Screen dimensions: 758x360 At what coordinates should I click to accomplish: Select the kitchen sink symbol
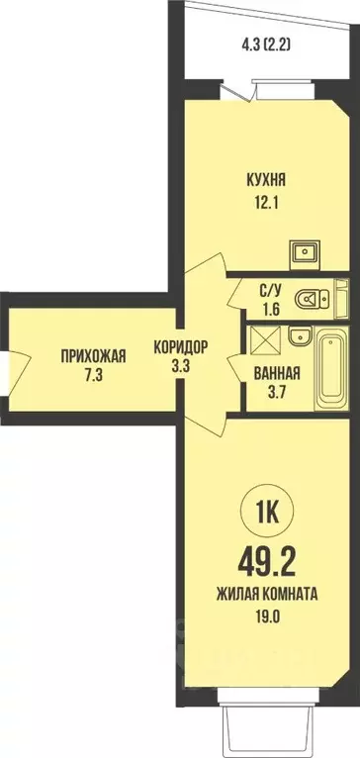coord(305,253)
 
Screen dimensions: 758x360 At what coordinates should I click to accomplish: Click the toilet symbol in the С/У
coord(317,293)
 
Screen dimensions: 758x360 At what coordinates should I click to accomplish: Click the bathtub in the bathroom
coord(331,373)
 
